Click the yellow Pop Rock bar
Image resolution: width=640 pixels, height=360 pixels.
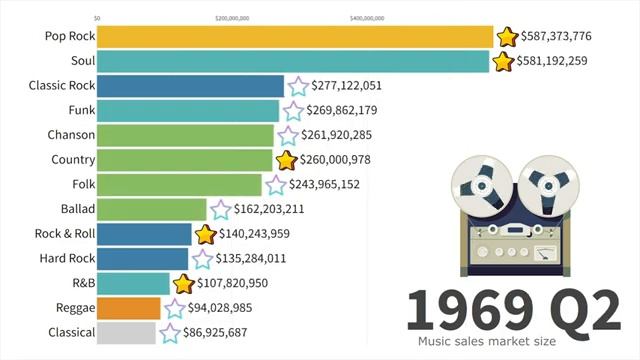pos(295,37)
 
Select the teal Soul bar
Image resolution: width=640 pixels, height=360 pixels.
pos(293,62)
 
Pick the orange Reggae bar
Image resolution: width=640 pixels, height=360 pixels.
pos(129,308)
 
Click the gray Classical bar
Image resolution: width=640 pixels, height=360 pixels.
pos(127,333)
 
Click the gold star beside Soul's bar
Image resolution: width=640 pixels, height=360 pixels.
pos(504,62)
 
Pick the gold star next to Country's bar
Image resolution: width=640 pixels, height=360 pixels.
pos(287,160)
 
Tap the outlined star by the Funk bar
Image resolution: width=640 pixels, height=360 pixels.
pos(293,111)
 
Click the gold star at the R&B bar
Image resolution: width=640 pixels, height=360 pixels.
pos(183,284)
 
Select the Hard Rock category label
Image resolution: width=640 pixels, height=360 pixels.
pos(69,259)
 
